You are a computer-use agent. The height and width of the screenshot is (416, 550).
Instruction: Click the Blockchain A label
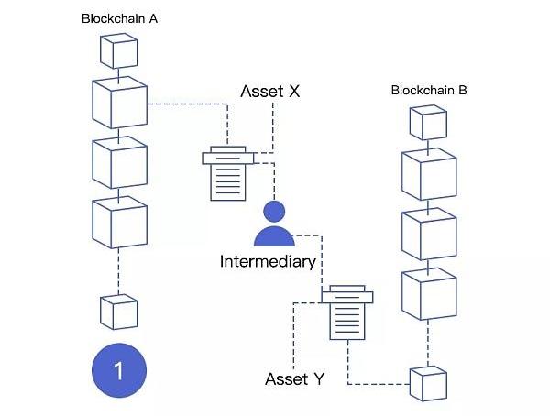tap(120, 18)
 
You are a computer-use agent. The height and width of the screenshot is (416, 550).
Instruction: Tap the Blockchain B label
tap(429, 90)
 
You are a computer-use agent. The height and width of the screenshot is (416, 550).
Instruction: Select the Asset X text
tap(269, 92)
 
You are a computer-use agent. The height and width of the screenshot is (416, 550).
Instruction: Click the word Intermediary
tap(268, 261)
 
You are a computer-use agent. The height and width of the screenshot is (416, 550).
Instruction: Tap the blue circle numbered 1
tap(117, 370)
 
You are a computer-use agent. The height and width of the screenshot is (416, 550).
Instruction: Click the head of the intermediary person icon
tap(273, 210)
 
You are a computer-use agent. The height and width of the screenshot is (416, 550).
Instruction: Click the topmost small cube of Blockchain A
tap(118, 52)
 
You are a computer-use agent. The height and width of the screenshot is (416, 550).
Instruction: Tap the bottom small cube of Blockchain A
tap(118, 312)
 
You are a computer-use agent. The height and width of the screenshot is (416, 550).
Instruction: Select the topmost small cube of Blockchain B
tap(427, 123)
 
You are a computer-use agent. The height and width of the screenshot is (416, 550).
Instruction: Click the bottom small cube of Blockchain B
tap(427, 382)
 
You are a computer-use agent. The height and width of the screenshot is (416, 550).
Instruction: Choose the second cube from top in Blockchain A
tap(119, 103)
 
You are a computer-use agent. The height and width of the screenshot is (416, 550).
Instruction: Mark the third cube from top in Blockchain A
tap(119, 163)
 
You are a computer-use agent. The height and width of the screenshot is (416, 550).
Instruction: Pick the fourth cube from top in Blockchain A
tap(119, 223)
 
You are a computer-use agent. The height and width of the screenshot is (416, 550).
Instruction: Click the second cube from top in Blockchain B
tap(428, 174)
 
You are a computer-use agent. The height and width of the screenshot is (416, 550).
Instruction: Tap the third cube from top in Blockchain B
tap(428, 234)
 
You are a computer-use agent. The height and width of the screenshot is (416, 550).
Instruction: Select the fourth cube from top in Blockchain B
tap(428, 293)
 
